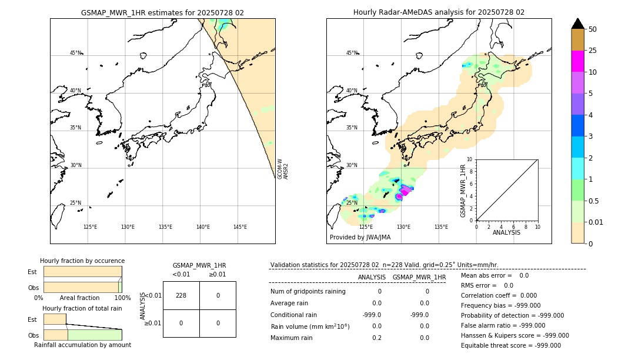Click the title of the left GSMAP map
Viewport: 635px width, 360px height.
[x=162, y=12]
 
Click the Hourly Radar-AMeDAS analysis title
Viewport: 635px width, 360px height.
[x=439, y=12]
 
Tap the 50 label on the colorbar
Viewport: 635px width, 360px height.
[x=593, y=29]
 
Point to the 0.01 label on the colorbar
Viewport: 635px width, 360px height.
[x=596, y=222]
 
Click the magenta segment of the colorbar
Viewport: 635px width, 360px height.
[x=577, y=61]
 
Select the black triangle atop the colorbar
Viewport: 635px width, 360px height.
[x=577, y=24]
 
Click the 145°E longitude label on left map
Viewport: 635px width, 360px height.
[x=240, y=227]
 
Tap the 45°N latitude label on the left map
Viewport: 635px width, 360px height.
[x=75, y=53]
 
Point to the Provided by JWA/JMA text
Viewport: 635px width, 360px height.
[x=360, y=238]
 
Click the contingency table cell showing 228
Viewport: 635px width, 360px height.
[x=181, y=295]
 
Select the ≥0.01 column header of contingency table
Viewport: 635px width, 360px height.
[x=218, y=274]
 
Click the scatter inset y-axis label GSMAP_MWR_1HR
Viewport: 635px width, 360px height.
[x=463, y=191]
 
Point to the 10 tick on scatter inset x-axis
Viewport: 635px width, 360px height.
[x=537, y=226]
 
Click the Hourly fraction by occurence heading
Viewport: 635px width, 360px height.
[x=82, y=261]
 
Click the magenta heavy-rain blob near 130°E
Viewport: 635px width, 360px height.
[x=405, y=189]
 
